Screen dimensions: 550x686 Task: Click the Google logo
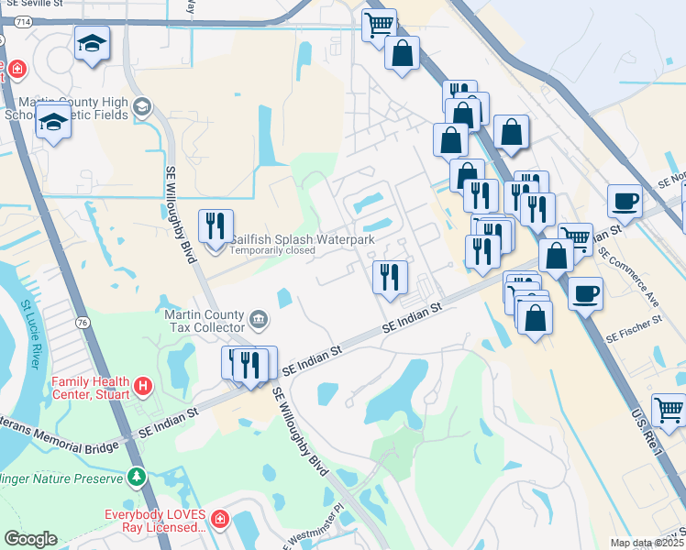coord(30,539)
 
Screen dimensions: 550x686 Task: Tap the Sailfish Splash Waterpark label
coord(302,239)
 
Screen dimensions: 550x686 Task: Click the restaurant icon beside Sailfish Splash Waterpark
coord(216,225)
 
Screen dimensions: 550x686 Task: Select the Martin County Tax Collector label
coord(203,320)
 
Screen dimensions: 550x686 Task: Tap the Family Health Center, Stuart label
coord(86,388)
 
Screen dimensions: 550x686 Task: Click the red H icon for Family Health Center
coord(142,387)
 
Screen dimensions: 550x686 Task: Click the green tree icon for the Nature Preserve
coord(136,477)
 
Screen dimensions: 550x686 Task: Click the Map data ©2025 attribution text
coord(647,543)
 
